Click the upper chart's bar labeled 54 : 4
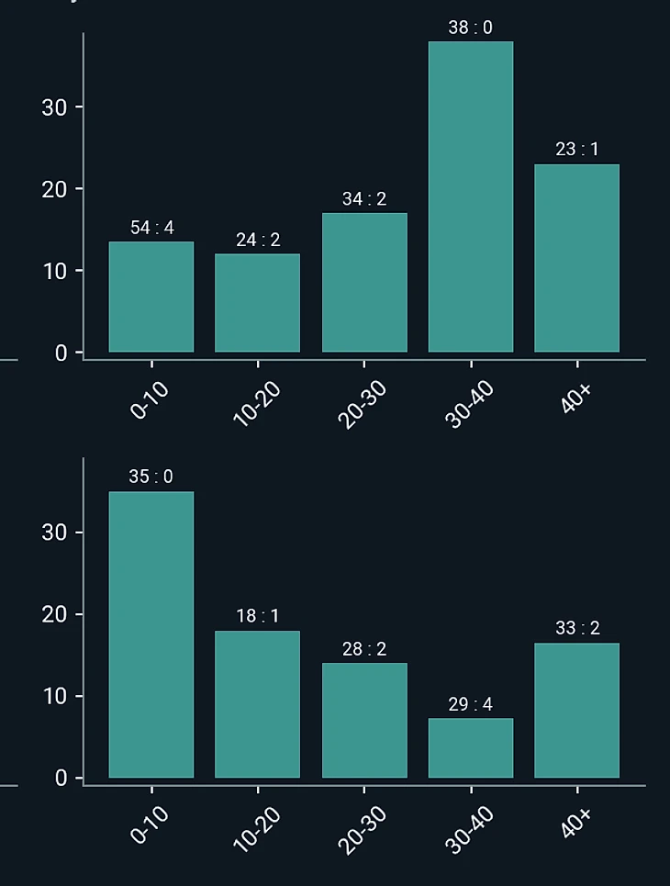151,297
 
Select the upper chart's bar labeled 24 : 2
257,303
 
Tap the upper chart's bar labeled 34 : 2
364,283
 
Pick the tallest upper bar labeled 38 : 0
471,196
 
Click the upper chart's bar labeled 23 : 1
576,258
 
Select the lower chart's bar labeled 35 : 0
151,634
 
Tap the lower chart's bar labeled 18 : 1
257,704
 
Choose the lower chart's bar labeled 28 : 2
364,720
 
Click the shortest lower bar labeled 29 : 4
471,747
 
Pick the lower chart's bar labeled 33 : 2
576,710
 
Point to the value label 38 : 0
470,28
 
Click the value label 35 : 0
151,477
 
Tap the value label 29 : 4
470,704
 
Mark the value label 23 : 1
576,150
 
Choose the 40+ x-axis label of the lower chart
575,823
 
